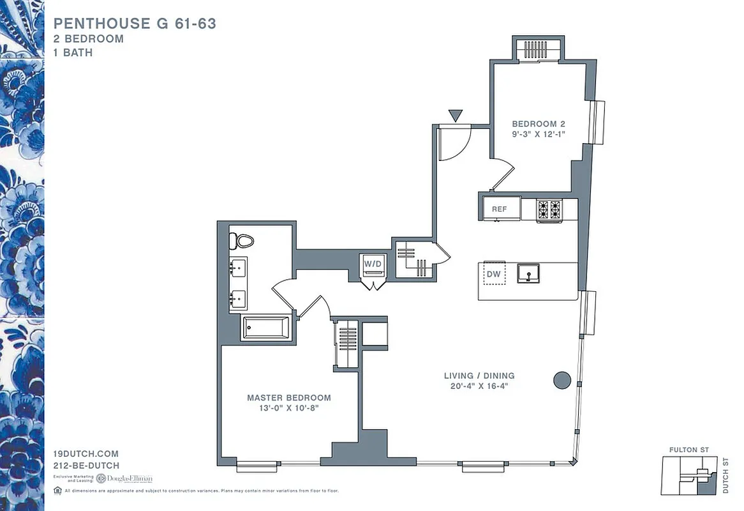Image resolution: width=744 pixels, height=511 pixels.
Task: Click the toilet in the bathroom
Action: (x=242, y=241)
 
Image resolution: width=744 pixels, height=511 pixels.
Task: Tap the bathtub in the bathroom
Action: (x=265, y=328)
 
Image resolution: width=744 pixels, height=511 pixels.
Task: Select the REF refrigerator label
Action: (x=499, y=209)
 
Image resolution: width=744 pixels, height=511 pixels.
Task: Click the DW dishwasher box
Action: (x=493, y=273)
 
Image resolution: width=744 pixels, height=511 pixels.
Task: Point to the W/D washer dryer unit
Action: (x=372, y=264)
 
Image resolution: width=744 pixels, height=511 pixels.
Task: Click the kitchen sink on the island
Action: (x=528, y=273)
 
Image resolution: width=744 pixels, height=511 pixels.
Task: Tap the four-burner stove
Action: (x=549, y=209)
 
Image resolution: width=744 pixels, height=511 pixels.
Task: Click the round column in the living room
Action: (x=561, y=380)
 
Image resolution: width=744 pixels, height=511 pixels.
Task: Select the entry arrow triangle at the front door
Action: (x=455, y=116)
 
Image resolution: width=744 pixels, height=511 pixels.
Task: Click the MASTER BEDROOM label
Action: (x=289, y=397)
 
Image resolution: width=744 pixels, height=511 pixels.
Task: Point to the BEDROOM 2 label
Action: (x=539, y=124)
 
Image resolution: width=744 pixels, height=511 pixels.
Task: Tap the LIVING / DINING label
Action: (x=480, y=376)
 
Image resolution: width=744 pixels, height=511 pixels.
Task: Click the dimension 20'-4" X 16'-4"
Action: (x=480, y=386)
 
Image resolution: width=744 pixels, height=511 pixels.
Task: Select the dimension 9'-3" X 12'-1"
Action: (x=539, y=134)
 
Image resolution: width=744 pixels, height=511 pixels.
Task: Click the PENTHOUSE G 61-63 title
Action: (x=135, y=24)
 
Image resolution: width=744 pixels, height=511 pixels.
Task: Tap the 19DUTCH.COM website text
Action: (x=86, y=454)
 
